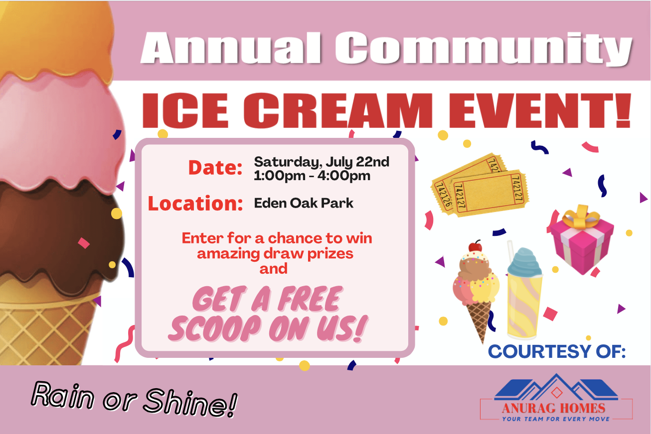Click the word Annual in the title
231,48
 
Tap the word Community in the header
484,49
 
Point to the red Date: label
215,167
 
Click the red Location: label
195,203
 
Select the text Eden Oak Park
304,203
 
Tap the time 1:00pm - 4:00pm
312,176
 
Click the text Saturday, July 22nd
322,162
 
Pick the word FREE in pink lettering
310,299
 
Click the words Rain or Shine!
134,399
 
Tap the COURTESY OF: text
557,351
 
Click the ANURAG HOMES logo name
553,408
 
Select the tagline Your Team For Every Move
556,419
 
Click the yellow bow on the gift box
580,217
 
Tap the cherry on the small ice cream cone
475,246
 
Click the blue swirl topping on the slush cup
524,262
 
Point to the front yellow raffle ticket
490,193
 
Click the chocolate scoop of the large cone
58,235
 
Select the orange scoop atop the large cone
55,38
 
